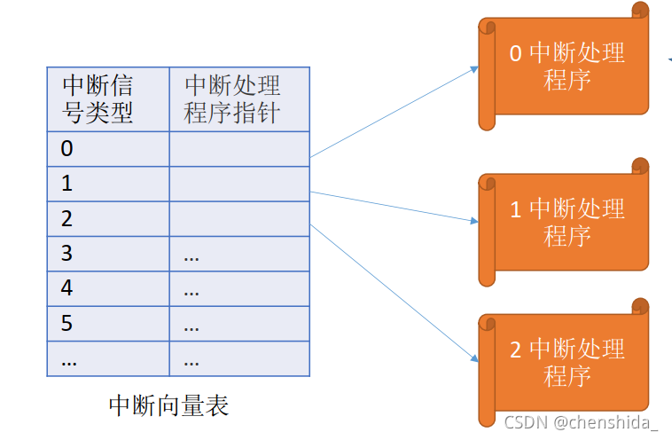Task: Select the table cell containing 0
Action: coord(108,148)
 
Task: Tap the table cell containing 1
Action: coord(108,184)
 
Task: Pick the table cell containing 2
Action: coord(108,218)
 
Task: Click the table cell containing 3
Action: coord(108,254)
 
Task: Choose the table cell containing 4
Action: coord(108,288)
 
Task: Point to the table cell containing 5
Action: coord(108,324)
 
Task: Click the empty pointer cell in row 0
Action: coord(239,148)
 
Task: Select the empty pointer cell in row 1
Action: coord(239,184)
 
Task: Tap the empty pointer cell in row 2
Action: coord(239,218)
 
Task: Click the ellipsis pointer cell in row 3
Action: coord(239,254)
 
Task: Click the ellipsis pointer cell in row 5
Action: coord(239,324)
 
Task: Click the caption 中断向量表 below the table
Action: coord(168,406)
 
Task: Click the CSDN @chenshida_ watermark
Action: coord(582,423)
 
